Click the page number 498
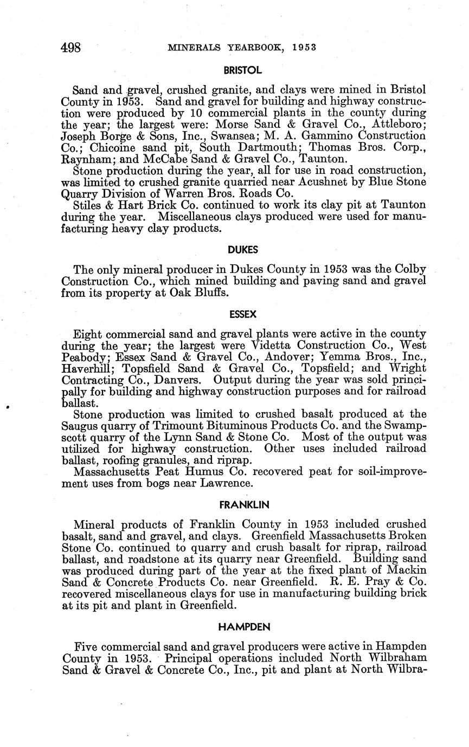point(70,48)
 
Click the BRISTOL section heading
point(243,70)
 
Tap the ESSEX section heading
point(243,314)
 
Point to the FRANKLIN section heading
point(243,505)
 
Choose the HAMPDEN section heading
point(243,627)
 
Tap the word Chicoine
point(113,147)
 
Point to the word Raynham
point(86,159)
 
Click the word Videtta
point(274,345)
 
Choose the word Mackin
point(408,569)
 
